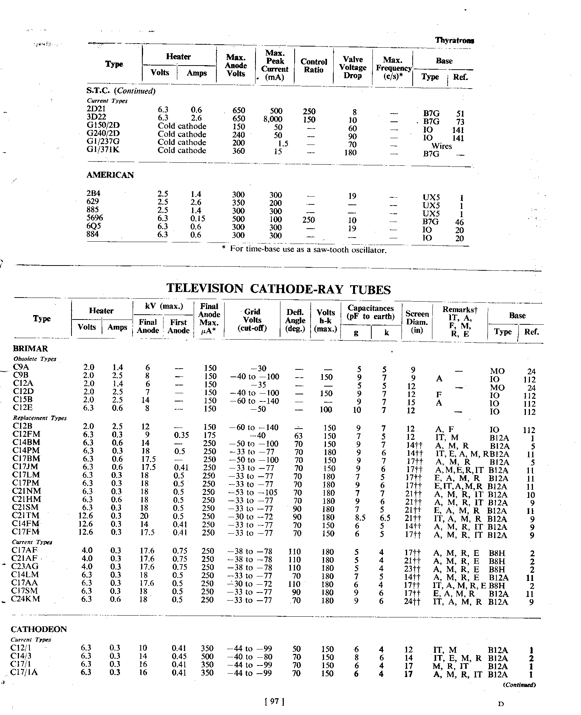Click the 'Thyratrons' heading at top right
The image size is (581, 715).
(x=454, y=41)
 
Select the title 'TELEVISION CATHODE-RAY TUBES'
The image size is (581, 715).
(x=278, y=289)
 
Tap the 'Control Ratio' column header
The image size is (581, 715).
(x=314, y=66)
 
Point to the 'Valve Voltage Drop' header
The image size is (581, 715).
(x=352, y=67)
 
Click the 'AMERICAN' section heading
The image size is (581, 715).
(x=110, y=175)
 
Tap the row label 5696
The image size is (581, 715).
(x=95, y=218)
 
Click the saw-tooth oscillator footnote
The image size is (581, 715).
(x=304, y=250)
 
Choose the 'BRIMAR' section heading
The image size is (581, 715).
(x=30, y=349)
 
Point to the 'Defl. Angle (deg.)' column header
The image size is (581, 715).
(x=295, y=320)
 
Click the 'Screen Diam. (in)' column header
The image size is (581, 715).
(x=417, y=322)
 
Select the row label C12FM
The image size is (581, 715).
(x=26, y=434)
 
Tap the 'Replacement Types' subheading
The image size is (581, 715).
(x=40, y=418)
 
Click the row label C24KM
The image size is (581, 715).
(x=26, y=599)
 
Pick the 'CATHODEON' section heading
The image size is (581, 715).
(x=39, y=629)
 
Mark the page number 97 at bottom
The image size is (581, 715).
(x=274, y=702)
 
